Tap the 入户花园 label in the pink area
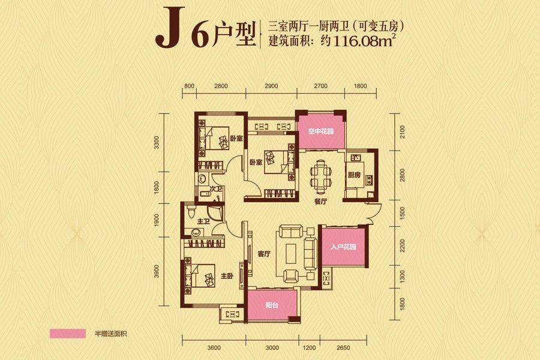tap(344, 247)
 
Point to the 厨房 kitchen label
tap(354, 176)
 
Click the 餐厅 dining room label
tap(320, 202)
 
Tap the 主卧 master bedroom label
tap(226, 277)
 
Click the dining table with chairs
tap(320, 175)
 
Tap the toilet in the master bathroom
tap(191, 212)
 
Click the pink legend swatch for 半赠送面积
tap(68, 332)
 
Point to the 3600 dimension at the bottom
tap(215, 348)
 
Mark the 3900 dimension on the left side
tap(156, 271)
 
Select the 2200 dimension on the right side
tap(403, 245)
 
